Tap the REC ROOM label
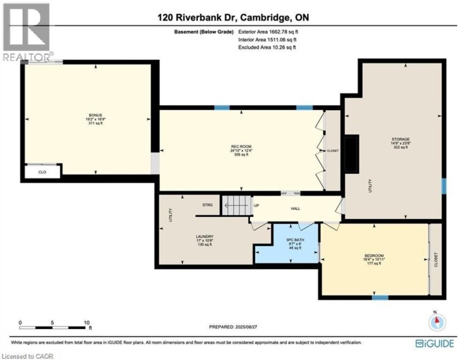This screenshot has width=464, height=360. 240,147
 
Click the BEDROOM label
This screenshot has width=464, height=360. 374,256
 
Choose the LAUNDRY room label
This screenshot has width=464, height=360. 204,236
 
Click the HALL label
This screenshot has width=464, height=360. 296,208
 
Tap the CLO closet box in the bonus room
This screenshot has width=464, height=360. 43,172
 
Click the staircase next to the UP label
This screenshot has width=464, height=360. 235,207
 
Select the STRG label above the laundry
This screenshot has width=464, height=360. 207,205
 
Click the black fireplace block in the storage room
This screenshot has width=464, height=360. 352,155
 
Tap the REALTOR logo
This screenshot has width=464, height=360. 26,32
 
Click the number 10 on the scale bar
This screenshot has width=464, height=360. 86,321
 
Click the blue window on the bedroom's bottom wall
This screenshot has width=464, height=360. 380,298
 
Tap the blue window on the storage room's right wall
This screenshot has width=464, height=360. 443,186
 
